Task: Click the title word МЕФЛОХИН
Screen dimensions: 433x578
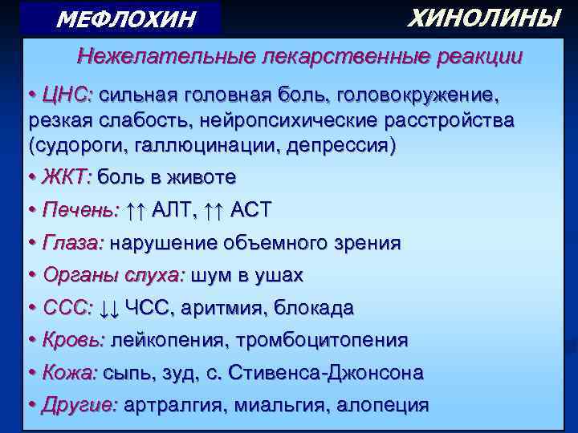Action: point(126,18)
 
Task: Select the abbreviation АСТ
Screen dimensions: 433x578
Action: point(251,210)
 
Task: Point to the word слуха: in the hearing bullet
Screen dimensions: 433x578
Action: point(155,275)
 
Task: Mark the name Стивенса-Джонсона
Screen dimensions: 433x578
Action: point(327,373)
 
